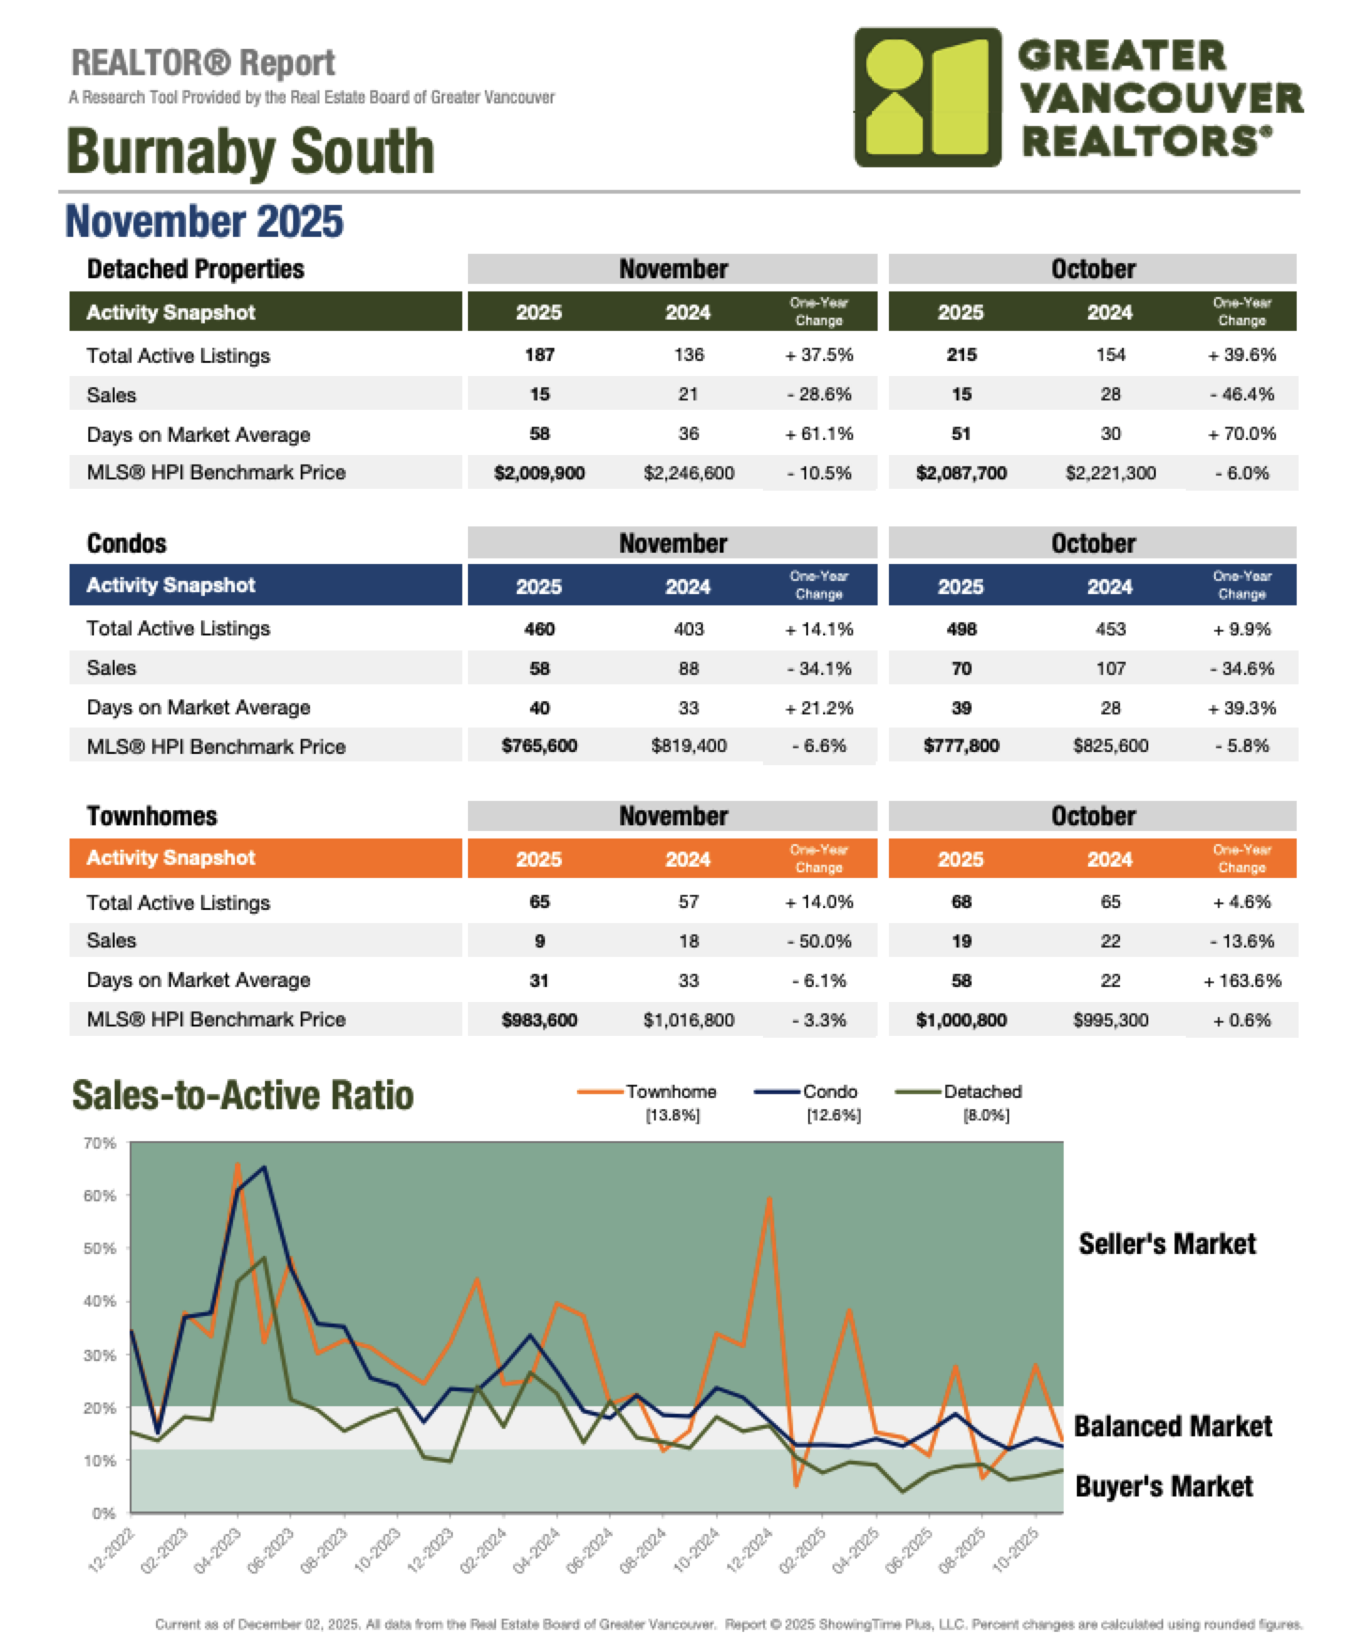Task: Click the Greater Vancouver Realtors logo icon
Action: click(926, 98)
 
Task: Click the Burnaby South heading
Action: click(250, 151)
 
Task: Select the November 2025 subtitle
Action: click(204, 222)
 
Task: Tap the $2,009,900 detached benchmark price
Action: click(539, 473)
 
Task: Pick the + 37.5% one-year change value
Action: click(819, 354)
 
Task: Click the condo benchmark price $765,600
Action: click(539, 745)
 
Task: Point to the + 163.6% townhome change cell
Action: click(1242, 980)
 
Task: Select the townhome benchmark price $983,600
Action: click(539, 1020)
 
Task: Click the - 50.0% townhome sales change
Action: click(819, 941)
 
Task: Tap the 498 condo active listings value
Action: click(961, 629)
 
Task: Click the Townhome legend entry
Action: click(671, 1091)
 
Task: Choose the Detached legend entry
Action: click(982, 1091)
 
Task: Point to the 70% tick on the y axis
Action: click(100, 1143)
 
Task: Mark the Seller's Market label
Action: click(1166, 1244)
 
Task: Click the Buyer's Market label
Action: click(1163, 1486)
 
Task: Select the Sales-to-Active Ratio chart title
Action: click(242, 1095)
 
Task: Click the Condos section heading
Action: click(127, 543)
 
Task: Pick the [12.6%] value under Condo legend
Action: click(833, 1115)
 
